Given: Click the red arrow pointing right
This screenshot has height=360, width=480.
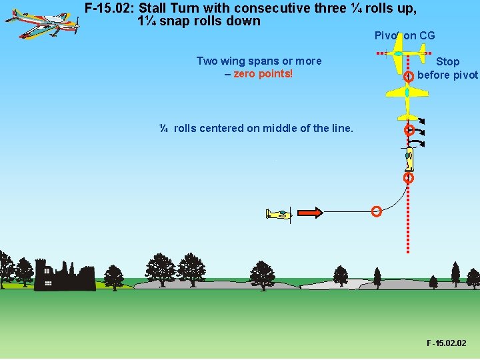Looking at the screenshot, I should click(309, 213).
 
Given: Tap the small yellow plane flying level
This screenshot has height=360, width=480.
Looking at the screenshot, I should click(279, 214).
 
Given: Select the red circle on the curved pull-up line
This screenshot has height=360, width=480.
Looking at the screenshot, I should click(376, 212).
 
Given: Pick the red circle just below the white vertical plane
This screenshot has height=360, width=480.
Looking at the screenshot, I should click(409, 178).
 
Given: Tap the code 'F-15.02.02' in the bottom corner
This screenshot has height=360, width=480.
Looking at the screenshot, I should click(447, 343).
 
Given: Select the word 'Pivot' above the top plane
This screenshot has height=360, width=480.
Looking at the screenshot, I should click(387, 35).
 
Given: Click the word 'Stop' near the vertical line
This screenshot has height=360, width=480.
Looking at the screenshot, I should click(447, 62).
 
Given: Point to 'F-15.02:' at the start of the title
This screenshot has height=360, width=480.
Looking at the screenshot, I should click(110, 9).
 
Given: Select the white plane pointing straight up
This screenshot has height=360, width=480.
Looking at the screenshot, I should click(409, 159).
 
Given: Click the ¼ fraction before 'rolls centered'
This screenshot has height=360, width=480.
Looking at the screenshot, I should click(164, 128).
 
